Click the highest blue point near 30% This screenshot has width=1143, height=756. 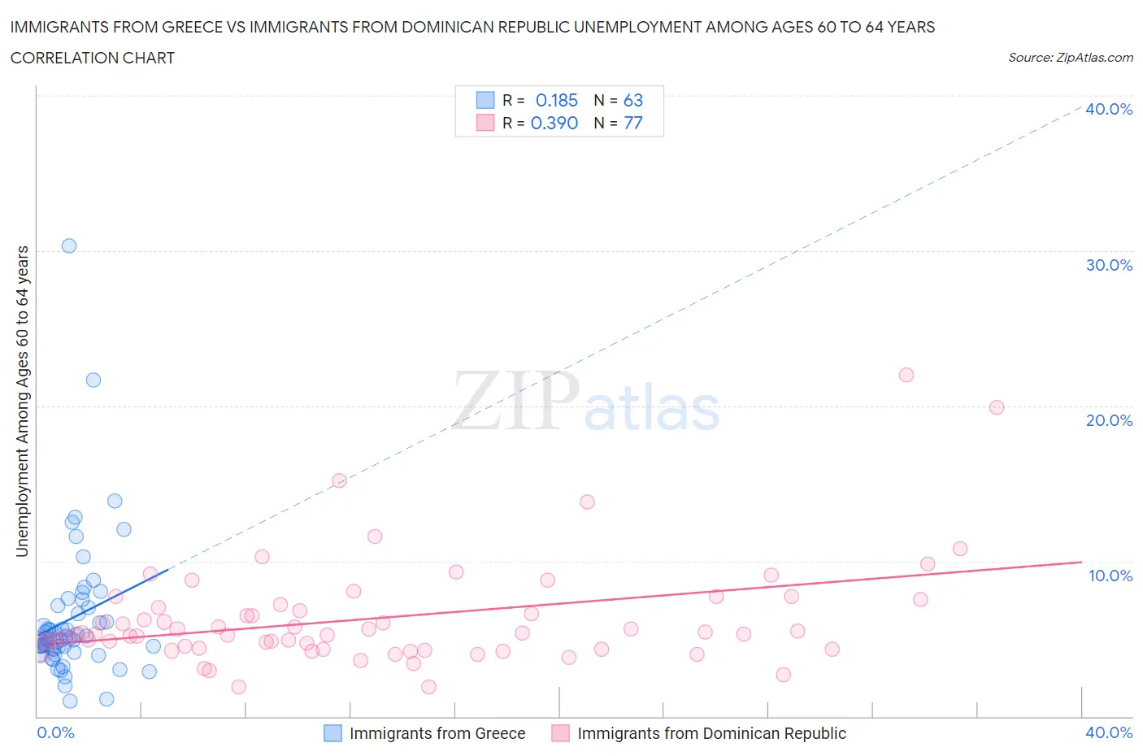(x=69, y=245)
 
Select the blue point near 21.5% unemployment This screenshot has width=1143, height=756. (x=93, y=380)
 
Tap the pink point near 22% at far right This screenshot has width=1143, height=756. (x=906, y=375)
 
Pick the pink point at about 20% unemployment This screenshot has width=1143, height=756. (x=997, y=407)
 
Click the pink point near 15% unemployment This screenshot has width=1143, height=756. (x=340, y=480)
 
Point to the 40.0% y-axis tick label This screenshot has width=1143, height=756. (x=1109, y=109)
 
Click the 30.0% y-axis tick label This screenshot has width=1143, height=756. (x=1109, y=265)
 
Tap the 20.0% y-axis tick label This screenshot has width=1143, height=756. (x=1109, y=420)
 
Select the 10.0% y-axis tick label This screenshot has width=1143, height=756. (x=1109, y=576)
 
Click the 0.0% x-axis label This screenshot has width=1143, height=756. (x=55, y=732)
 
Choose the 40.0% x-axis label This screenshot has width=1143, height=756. (x=1109, y=732)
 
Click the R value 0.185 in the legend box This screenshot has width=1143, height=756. (x=556, y=100)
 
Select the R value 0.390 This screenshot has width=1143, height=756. (x=554, y=123)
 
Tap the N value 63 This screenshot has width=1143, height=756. (x=633, y=100)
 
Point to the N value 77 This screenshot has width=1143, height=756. (x=633, y=123)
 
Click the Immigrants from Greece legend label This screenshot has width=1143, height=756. (x=437, y=733)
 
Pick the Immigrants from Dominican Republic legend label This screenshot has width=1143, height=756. (x=711, y=733)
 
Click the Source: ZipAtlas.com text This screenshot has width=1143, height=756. (x=1071, y=58)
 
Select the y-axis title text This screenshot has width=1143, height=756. (x=22, y=402)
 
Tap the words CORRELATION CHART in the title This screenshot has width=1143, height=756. (x=93, y=58)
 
